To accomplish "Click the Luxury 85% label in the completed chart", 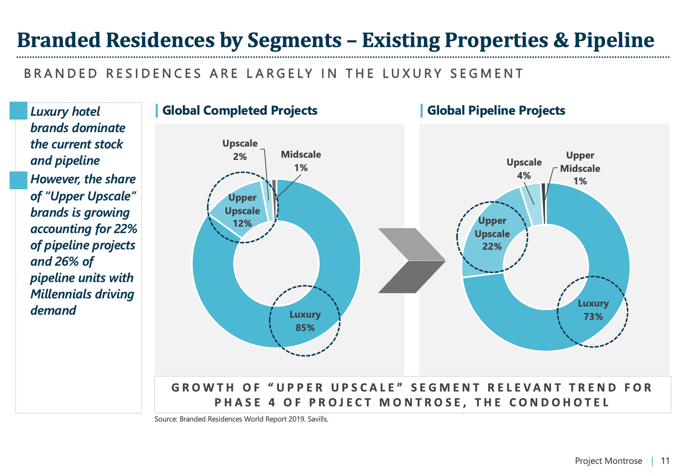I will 305,321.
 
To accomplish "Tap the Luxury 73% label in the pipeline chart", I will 593,310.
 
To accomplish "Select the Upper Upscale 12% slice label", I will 242,211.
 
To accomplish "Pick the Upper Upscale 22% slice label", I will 492,234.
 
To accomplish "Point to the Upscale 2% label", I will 240,150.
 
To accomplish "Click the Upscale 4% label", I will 524,169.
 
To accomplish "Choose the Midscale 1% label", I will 301,161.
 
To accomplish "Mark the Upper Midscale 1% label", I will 580,168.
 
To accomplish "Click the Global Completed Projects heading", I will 240,110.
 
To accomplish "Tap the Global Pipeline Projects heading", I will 496,110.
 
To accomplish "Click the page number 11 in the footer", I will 665,461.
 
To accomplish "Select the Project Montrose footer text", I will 608,461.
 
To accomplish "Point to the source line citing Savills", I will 241,419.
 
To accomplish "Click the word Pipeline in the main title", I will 614,40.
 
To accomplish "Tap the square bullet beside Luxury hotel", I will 18,111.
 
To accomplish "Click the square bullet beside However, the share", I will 18,180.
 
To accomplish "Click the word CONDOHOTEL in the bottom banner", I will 559,403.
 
